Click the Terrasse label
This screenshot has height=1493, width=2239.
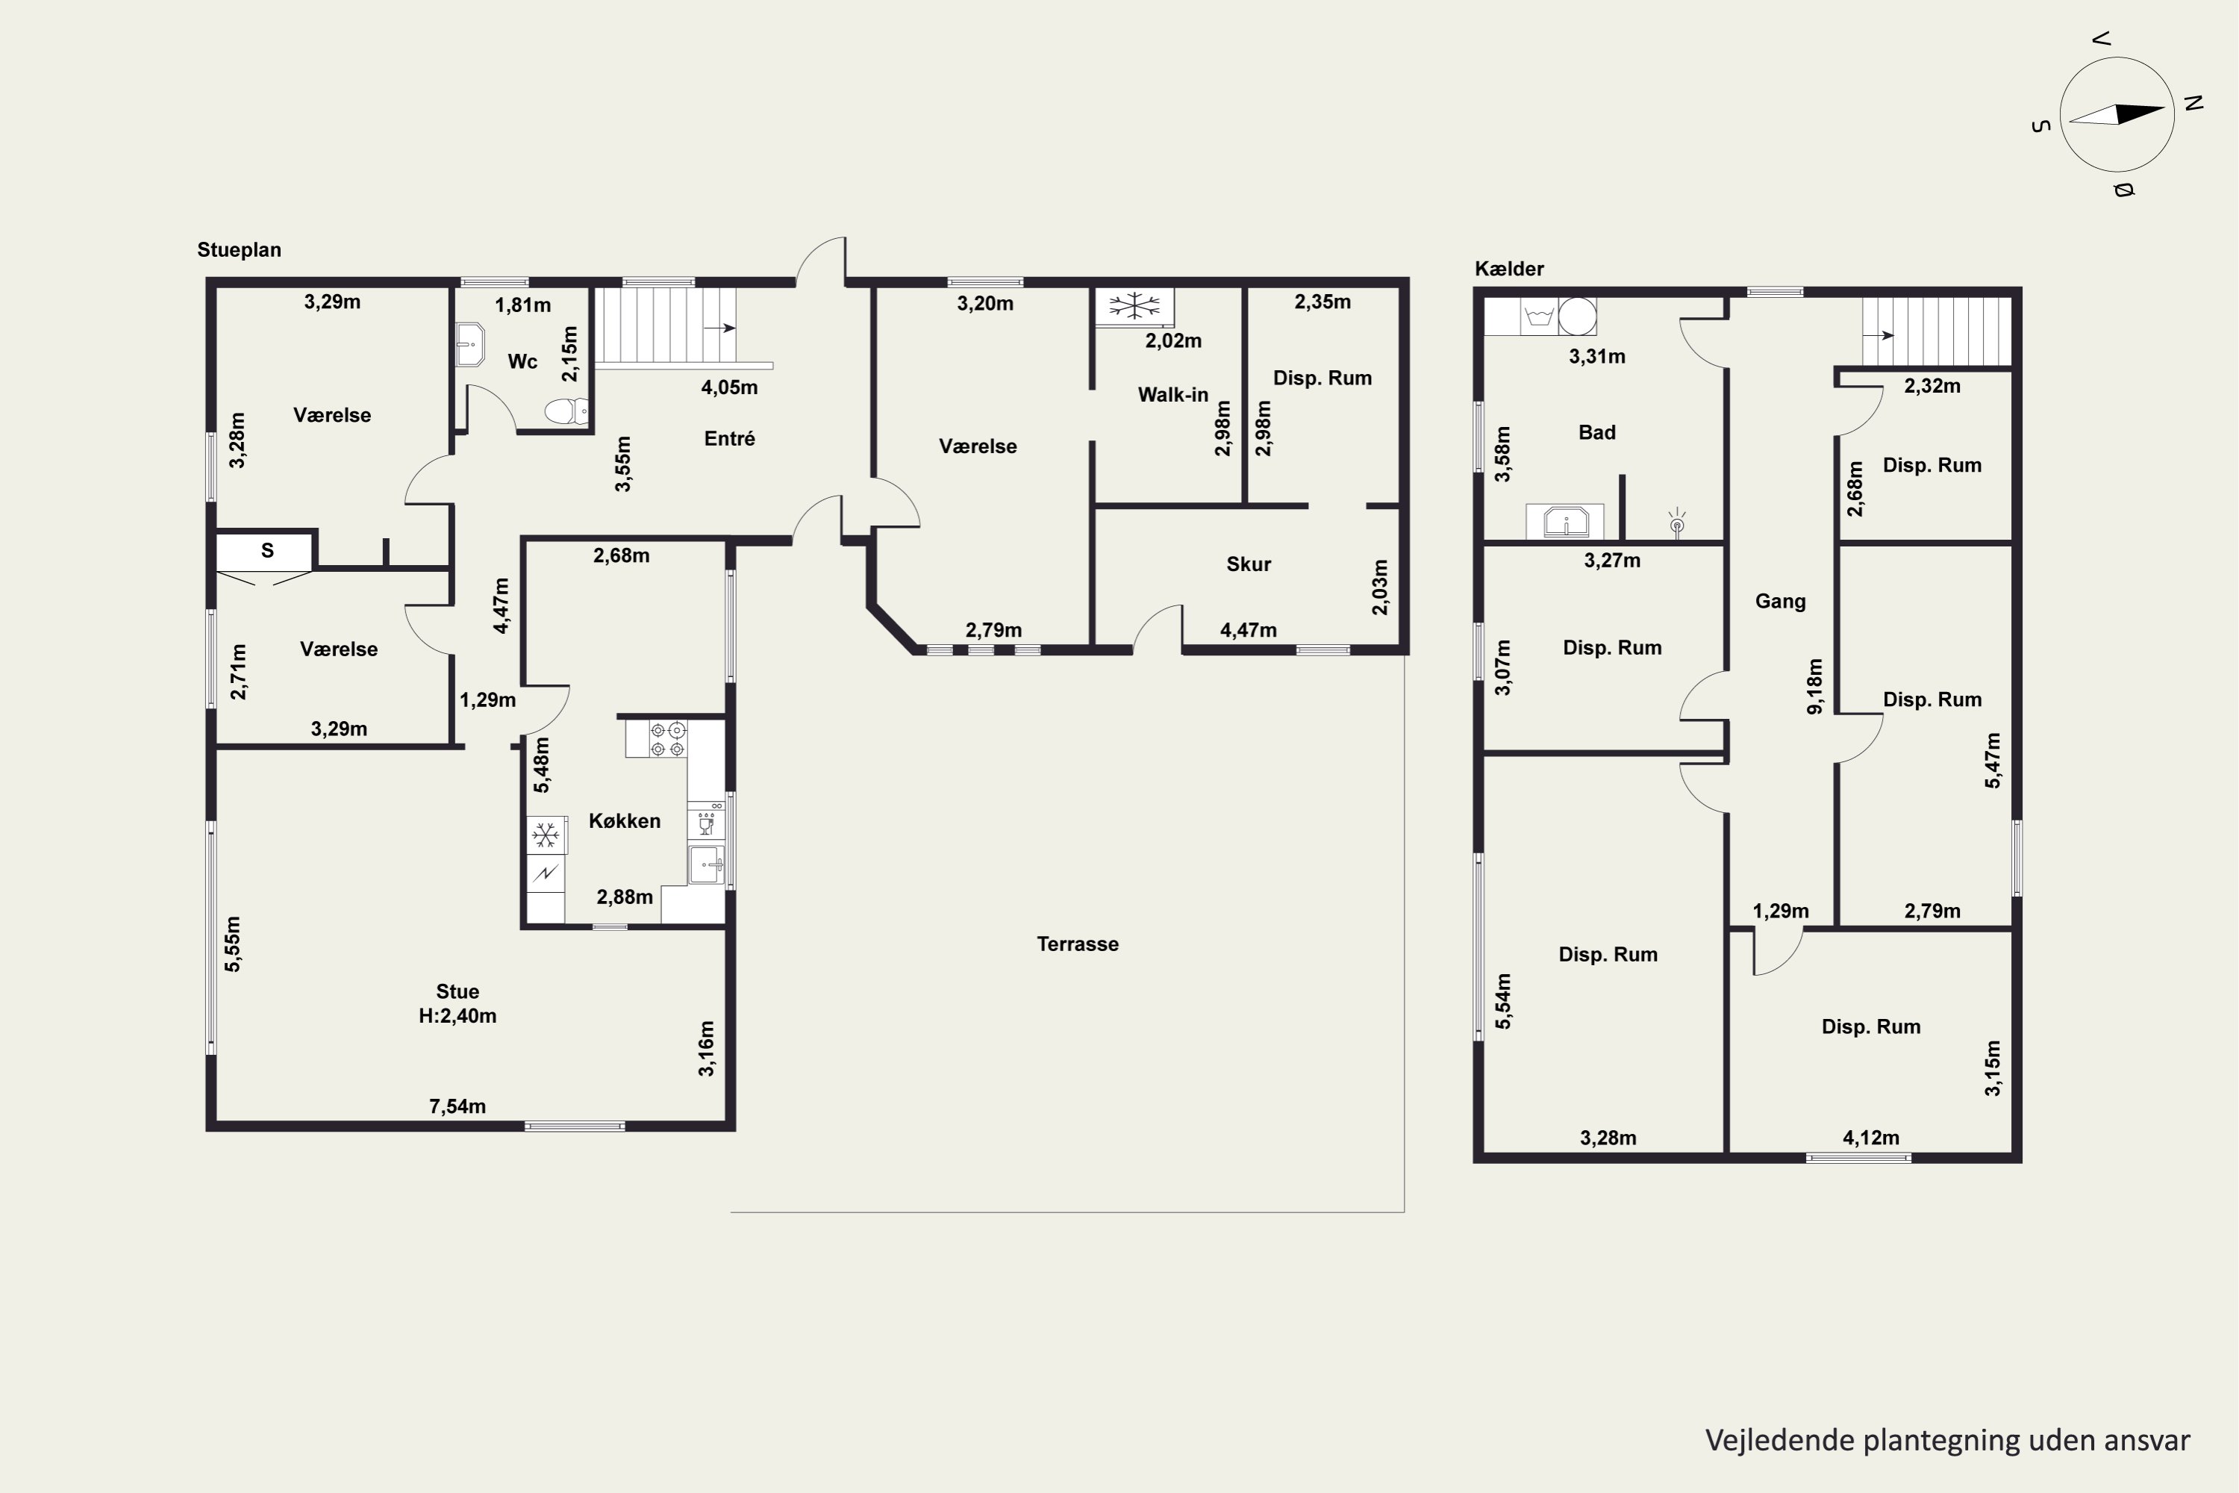point(1078,944)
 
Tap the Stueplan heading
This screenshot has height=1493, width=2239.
point(239,249)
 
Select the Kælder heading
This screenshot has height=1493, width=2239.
point(1509,269)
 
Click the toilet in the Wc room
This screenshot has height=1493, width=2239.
point(566,411)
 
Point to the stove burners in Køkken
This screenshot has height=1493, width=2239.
point(667,740)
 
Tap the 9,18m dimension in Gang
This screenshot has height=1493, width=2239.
point(1814,685)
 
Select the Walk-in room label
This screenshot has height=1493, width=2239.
point(1172,394)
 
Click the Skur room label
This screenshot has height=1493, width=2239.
point(1248,564)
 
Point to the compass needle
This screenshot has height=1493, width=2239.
point(2117,114)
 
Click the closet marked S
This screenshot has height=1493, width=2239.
point(265,550)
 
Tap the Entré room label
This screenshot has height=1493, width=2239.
point(729,438)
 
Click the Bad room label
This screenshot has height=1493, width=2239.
point(1596,432)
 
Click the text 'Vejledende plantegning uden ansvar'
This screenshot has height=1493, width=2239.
point(1946,1441)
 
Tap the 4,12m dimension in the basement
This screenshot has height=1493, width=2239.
point(1870,1138)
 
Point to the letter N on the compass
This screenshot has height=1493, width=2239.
point(2193,103)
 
